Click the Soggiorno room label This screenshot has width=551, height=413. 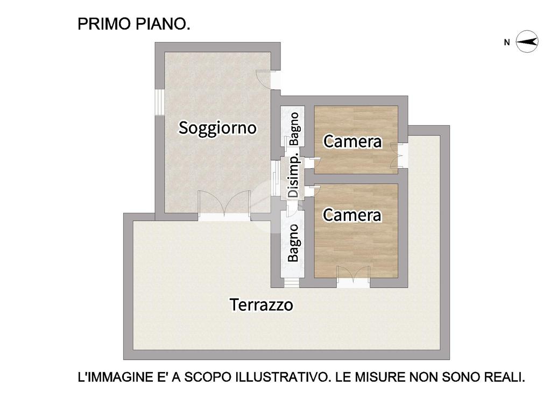[217, 128]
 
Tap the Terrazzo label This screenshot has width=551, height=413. [262, 304]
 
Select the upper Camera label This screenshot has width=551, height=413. [352, 141]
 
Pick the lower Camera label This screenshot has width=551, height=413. [352, 215]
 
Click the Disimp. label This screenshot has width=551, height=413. [293, 176]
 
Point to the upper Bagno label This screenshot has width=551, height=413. [294, 129]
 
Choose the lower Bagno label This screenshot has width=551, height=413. [293, 243]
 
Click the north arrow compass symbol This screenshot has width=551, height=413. [527, 42]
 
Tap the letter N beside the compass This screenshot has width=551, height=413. [507, 42]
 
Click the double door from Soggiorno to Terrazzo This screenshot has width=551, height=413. [224, 206]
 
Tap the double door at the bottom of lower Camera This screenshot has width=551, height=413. [353, 277]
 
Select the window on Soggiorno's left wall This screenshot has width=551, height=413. [160, 102]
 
